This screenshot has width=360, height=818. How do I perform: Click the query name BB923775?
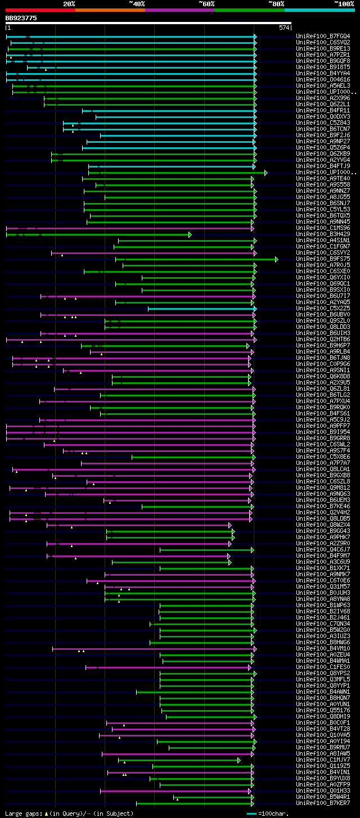pyautogui.click(x=21, y=18)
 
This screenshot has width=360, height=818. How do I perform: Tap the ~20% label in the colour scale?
pyautogui.click(x=69, y=3)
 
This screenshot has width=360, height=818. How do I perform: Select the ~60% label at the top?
pyautogui.click(x=206, y=3)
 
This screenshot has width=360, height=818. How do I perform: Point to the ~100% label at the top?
pyautogui.click(x=344, y=3)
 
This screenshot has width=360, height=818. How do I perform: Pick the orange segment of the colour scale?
pyautogui.click(x=110, y=10)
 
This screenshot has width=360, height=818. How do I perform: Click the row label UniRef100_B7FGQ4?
pyautogui.click(x=323, y=37)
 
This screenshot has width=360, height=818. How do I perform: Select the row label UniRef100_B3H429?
pyautogui.click(x=323, y=234)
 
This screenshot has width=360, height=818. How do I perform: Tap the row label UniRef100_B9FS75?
pyautogui.click(x=323, y=259)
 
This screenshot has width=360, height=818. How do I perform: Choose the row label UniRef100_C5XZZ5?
pyautogui.click(x=323, y=309)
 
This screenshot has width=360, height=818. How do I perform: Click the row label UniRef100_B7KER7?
pyautogui.click(x=323, y=803)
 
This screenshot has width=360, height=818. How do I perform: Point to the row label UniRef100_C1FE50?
pyautogui.click(x=323, y=667)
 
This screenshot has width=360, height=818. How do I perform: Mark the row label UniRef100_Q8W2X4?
pyautogui.click(x=323, y=525)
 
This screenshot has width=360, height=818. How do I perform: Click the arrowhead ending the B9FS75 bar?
pyautogui.click(x=277, y=259)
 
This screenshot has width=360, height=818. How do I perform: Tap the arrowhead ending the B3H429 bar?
pyautogui.click(x=190, y=234)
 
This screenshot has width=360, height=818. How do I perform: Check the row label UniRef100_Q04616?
pyautogui.click(x=323, y=80)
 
